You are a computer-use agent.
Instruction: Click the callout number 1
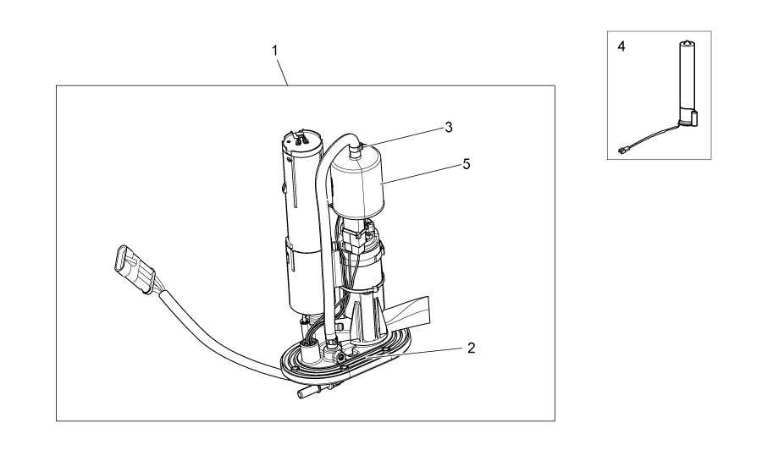coord(275,51)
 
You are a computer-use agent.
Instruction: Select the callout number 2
coord(471,348)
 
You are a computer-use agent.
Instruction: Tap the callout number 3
coord(449,127)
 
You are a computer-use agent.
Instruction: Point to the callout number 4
coord(621,47)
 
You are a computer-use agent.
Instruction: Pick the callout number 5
coord(467,164)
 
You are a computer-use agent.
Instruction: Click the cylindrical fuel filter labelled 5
coord(357,185)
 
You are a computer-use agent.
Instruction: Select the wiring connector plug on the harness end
coord(132,268)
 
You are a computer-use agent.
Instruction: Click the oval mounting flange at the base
coord(345,356)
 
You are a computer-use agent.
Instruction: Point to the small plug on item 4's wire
coord(622,151)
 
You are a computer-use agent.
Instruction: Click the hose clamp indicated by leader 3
coord(361,145)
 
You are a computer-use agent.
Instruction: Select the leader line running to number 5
coord(421,174)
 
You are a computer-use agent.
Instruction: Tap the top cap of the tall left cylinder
coord(302,139)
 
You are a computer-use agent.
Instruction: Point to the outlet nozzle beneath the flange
coord(311,392)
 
